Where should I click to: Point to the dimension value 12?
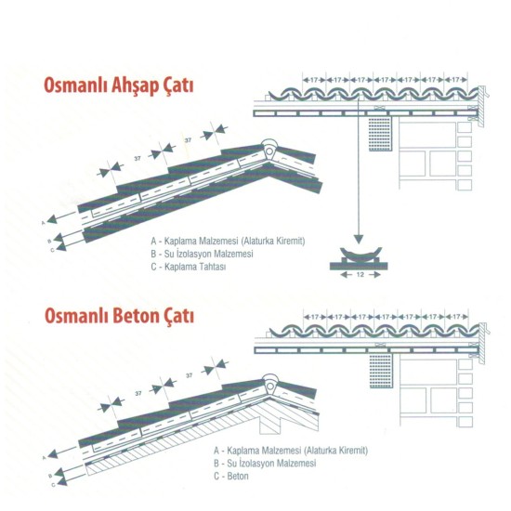click(x=358, y=276)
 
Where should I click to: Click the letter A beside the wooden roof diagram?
click(x=44, y=223)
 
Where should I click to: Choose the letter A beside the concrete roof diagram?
click(x=44, y=455)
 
